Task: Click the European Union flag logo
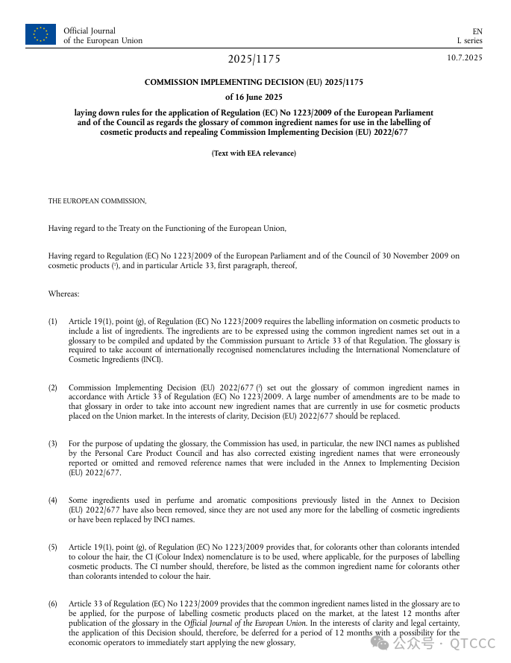click(x=40, y=34)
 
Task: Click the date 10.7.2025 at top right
click(x=465, y=58)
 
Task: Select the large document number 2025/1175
click(x=254, y=60)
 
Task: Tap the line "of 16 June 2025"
click(x=254, y=97)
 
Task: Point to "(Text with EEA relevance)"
click(x=254, y=153)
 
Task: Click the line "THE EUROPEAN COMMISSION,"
click(x=98, y=201)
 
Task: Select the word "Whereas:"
click(x=64, y=294)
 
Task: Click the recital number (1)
click(x=54, y=322)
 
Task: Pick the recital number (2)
click(x=54, y=388)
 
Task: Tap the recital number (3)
click(x=54, y=444)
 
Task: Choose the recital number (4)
click(x=54, y=501)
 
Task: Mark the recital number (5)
click(x=54, y=548)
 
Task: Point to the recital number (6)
click(x=54, y=604)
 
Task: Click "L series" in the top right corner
click(x=470, y=41)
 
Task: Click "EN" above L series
click(x=477, y=31)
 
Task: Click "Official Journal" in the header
click(x=90, y=31)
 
